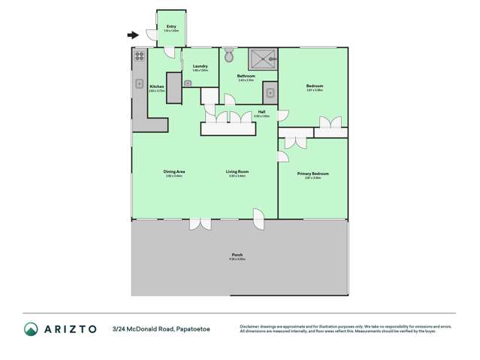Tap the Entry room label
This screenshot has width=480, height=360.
coord(171,27)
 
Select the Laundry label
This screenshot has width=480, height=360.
coord(200,66)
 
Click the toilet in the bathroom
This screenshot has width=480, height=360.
coord(230,56)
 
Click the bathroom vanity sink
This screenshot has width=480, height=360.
coord(270,93)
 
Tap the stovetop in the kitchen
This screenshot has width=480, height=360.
coord(139,55)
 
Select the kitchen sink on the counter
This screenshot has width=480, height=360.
coord(139,83)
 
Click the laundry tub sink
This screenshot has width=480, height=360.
coord(187,83)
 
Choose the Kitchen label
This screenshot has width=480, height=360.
coord(156,87)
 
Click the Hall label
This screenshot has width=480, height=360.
coord(261,113)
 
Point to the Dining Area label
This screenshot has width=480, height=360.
coord(174,171)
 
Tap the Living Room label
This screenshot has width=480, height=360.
coord(237,171)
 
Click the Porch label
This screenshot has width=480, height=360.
coord(237,255)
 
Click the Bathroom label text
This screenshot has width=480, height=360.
coord(246,76)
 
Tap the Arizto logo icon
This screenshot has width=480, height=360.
coord(31,328)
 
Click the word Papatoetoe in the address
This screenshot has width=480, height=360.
coord(195,328)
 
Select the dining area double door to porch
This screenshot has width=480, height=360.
coord(200,223)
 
